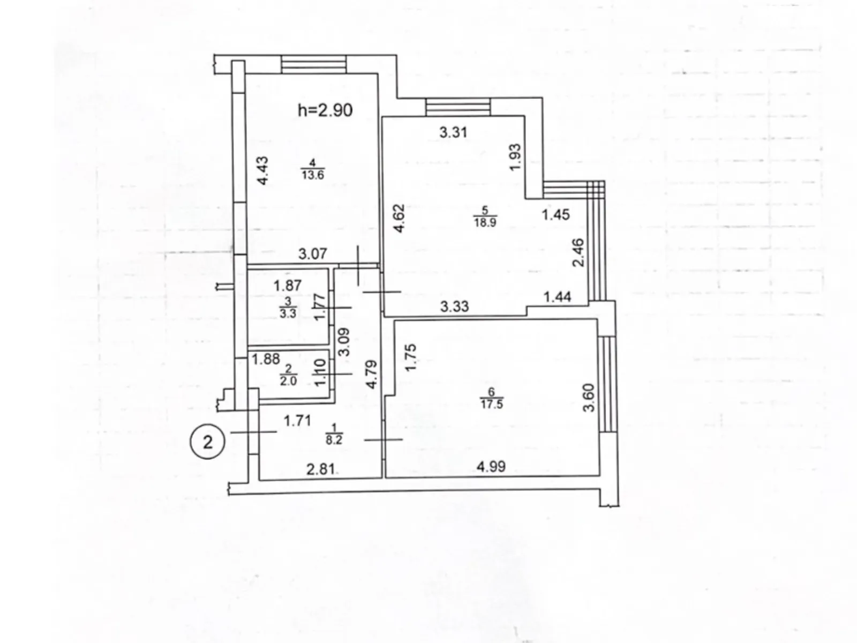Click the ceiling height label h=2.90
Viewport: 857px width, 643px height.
325,110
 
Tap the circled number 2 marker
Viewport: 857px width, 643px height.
207,443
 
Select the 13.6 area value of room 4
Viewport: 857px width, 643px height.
312,175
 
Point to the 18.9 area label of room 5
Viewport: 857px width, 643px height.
485,222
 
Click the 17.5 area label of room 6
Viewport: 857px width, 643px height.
491,404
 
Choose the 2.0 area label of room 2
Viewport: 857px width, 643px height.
288,381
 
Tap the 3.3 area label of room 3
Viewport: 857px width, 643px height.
288,313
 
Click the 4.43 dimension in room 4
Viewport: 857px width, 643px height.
262,171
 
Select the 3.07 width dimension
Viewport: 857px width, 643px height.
312,253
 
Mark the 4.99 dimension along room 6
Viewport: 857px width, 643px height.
491,467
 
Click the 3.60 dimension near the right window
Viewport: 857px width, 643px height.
589,397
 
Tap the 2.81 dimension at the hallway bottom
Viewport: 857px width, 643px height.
320,470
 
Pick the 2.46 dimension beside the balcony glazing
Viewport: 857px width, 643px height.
578,253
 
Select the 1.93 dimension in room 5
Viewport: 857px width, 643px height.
515,157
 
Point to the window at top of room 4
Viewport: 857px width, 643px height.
314,65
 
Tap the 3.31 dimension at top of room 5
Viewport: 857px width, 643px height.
453,132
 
